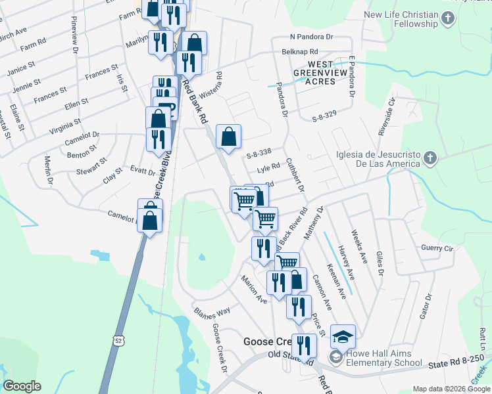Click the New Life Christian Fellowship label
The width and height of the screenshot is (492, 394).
pos(401,19)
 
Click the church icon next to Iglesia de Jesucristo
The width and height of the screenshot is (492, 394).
pos(430,158)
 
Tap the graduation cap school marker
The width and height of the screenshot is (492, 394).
pos(343,336)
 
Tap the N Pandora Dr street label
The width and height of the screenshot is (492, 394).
pos(312,37)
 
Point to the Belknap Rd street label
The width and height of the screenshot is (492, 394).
pos(299,51)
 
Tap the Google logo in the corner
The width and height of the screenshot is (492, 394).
pos(23,386)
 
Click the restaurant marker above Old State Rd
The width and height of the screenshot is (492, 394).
pos(303,345)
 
